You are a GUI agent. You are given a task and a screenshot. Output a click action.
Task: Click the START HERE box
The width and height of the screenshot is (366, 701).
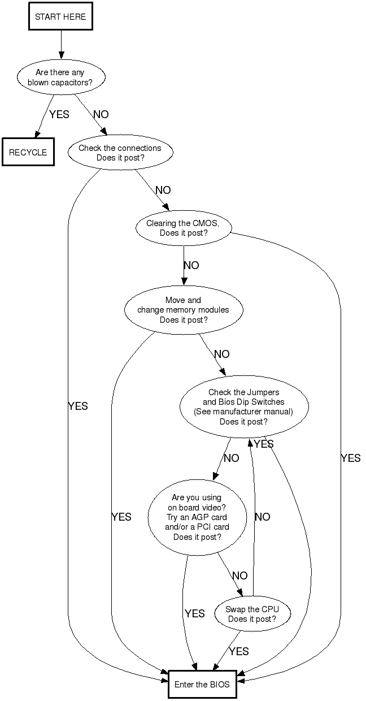click(x=60, y=17)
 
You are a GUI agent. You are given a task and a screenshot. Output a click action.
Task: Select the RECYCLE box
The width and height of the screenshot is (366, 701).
click(x=28, y=153)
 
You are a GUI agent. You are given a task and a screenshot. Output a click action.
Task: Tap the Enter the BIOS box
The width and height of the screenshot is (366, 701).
click(x=202, y=685)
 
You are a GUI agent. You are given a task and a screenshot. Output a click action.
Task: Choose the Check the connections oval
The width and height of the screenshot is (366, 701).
click(x=120, y=153)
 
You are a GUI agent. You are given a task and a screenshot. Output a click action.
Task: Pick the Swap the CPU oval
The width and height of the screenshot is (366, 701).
click(x=252, y=614)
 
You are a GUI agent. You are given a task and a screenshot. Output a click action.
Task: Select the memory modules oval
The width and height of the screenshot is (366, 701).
click(x=184, y=310)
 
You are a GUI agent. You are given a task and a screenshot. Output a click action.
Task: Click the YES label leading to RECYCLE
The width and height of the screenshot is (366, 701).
click(x=59, y=115)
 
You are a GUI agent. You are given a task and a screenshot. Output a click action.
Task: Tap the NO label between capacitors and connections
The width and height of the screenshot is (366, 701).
click(x=101, y=115)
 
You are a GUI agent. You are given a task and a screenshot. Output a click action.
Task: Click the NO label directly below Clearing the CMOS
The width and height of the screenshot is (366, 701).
click(x=191, y=265)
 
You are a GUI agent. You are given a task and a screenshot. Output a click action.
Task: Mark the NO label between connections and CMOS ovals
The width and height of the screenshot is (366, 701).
click(x=163, y=191)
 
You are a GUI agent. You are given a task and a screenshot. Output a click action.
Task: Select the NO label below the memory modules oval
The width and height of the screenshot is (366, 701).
click(x=222, y=354)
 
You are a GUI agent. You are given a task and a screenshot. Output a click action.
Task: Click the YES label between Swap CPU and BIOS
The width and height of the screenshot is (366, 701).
click(x=239, y=652)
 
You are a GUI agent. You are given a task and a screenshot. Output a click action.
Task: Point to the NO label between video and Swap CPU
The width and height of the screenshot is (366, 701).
click(x=240, y=576)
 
